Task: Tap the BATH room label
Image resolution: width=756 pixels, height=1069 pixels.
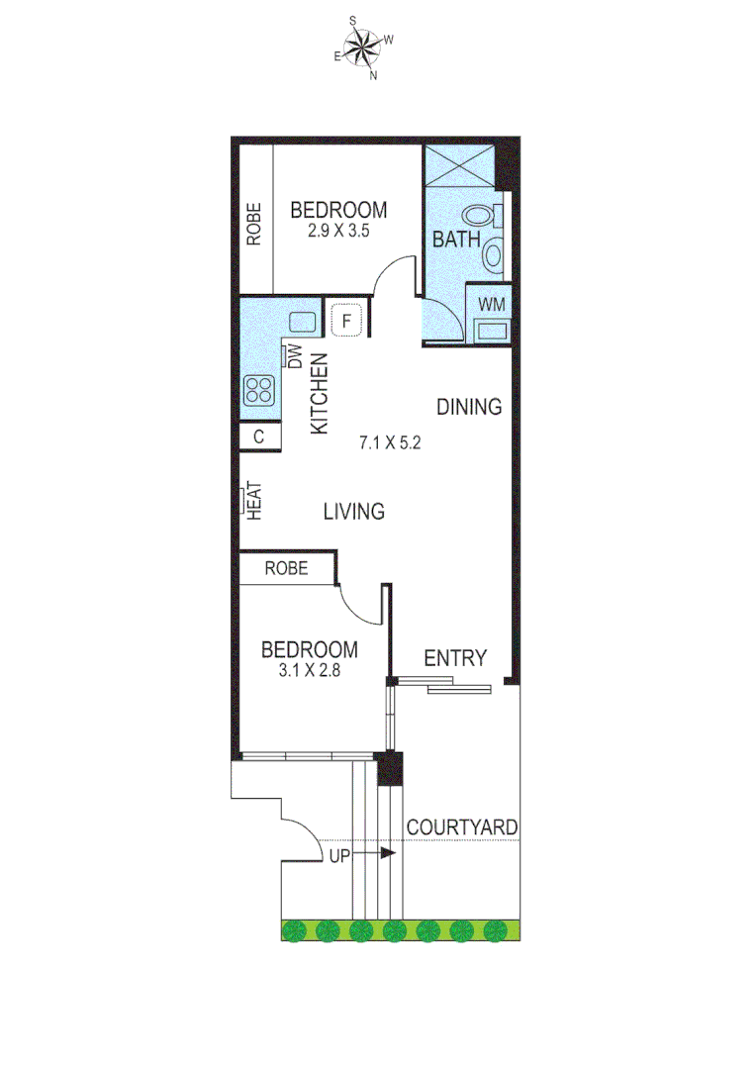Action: (x=456, y=240)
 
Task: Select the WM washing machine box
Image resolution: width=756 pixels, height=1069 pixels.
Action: (x=491, y=304)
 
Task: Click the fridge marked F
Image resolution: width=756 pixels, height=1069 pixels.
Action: (x=346, y=321)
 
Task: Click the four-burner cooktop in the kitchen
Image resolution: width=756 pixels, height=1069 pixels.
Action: (x=259, y=390)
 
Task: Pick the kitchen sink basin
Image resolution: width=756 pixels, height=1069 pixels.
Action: (x=302, y=322)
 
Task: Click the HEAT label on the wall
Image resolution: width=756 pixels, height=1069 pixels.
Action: (x=253, y=501)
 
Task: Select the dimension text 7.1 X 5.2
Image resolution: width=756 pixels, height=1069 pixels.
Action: (x=390, y=443)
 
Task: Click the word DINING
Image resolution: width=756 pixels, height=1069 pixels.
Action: (x=470, y=407)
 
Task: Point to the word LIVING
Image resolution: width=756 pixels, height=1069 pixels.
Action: (x=354, y=512)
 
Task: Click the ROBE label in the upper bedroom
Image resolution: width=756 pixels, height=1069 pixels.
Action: (x=254, y=224)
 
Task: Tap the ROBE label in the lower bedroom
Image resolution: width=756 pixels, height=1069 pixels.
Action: (x=286, y=568)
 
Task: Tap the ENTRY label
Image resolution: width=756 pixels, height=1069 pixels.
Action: (x=455, y=658)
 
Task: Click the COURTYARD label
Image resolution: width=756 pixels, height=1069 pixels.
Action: (x=462, y=826)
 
